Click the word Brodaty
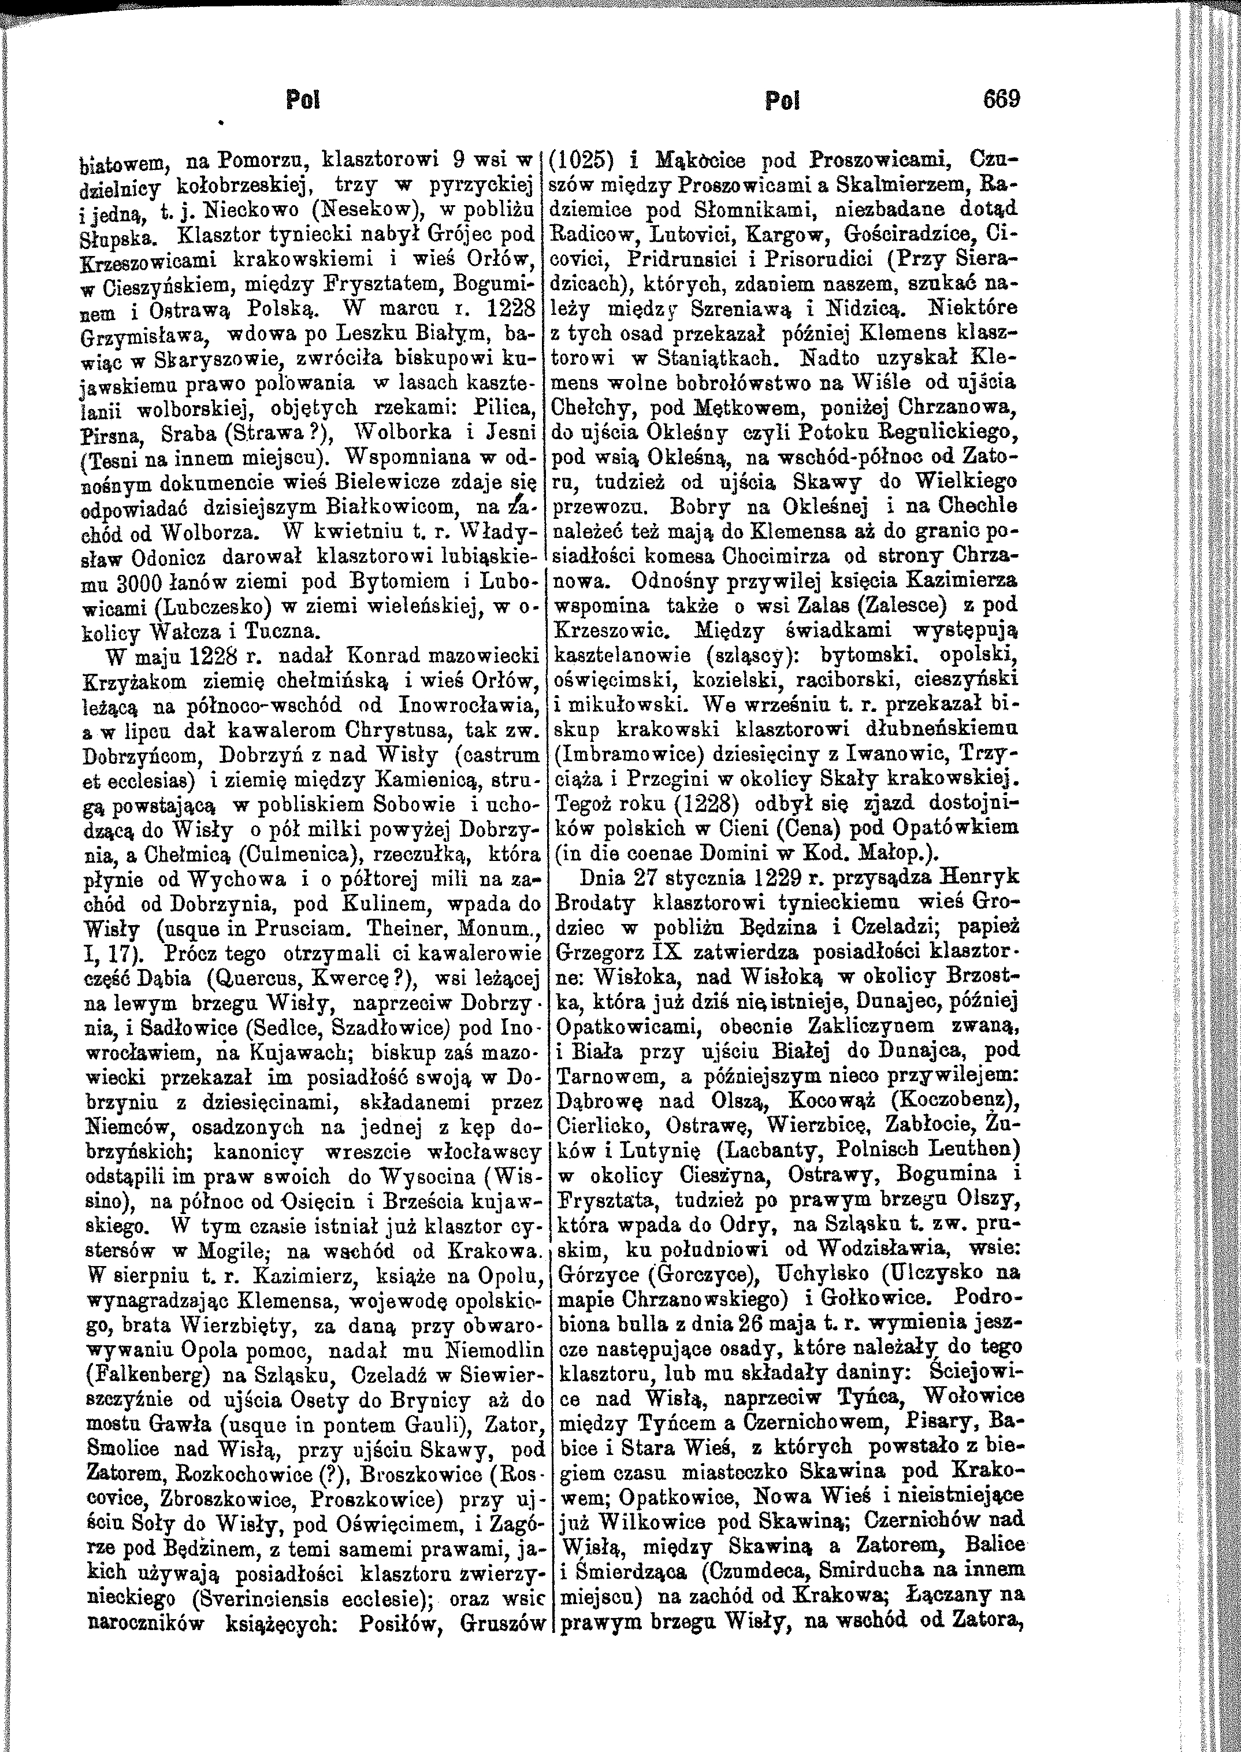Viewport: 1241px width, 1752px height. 596,903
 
